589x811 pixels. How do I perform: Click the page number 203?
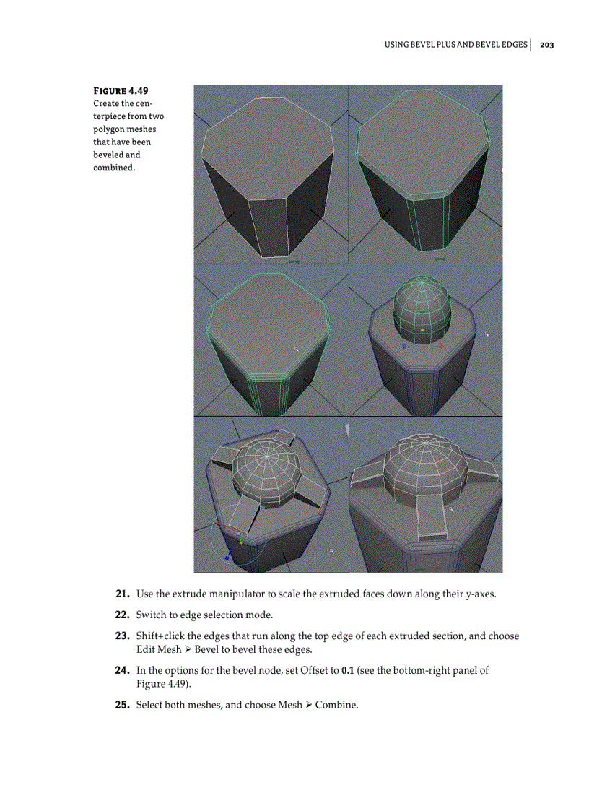point(546,45)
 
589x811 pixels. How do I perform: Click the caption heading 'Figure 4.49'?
point(121,91)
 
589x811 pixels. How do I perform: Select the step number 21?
point(123,594)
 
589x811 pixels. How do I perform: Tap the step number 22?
point(123,615)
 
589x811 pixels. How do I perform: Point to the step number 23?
point(123,636)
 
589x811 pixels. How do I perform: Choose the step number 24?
point(123,670)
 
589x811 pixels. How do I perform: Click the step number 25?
point(123,704)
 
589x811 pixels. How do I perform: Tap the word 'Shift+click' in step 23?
point(161,636)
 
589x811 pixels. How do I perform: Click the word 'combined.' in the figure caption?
point(114,167)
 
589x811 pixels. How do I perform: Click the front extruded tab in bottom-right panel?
point(432,517)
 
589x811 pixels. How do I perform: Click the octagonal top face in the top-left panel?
point(268,144)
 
